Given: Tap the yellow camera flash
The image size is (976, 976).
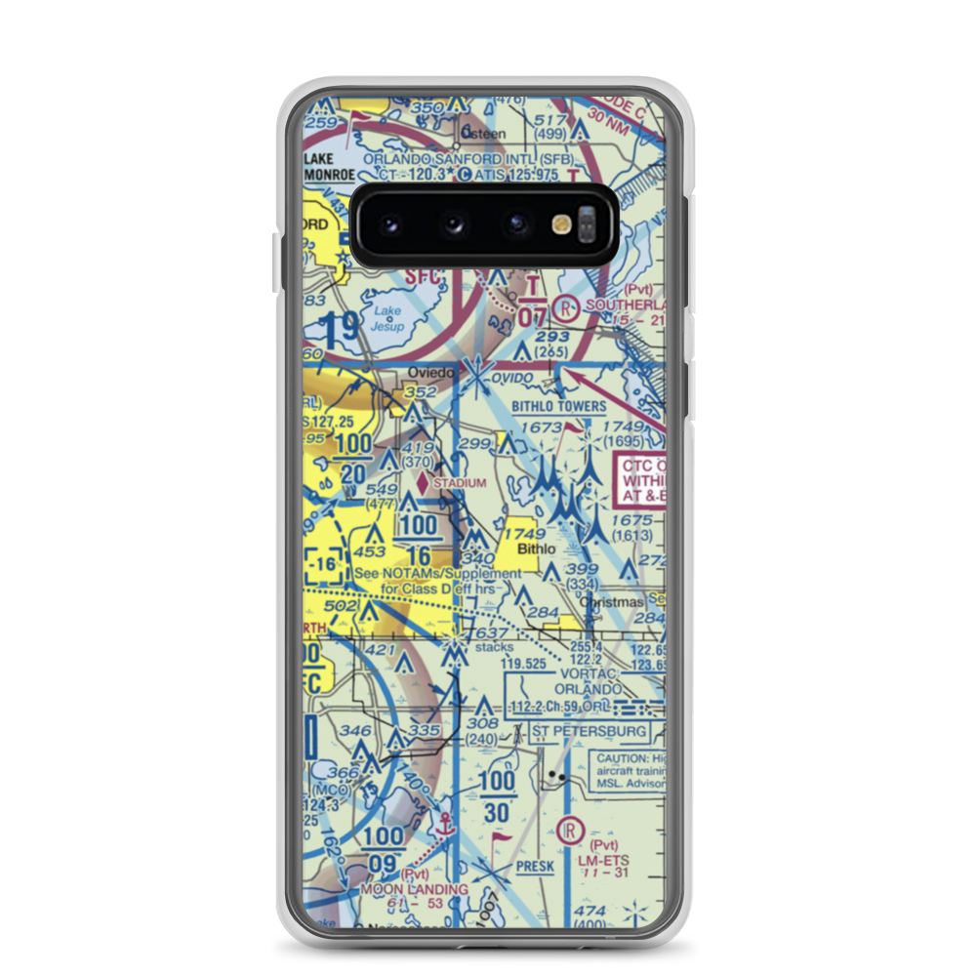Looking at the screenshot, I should tap(561, 224).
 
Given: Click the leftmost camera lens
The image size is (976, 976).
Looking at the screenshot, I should tap(390, 224).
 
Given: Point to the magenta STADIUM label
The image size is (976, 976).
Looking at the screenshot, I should tap(460, 483).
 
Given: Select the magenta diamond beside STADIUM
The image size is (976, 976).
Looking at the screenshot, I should tap(422, 481).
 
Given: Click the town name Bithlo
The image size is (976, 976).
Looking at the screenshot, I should tap(536, 549).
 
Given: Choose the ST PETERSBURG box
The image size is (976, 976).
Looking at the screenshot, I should tap(590, 731).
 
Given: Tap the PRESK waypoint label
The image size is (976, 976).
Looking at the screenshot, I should tap(535, 866).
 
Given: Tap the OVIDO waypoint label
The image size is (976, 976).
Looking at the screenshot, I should tap(512, 377).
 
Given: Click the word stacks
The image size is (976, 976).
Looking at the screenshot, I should tap(494, 647).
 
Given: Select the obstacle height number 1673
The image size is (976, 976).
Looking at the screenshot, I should tap(543, 428).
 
